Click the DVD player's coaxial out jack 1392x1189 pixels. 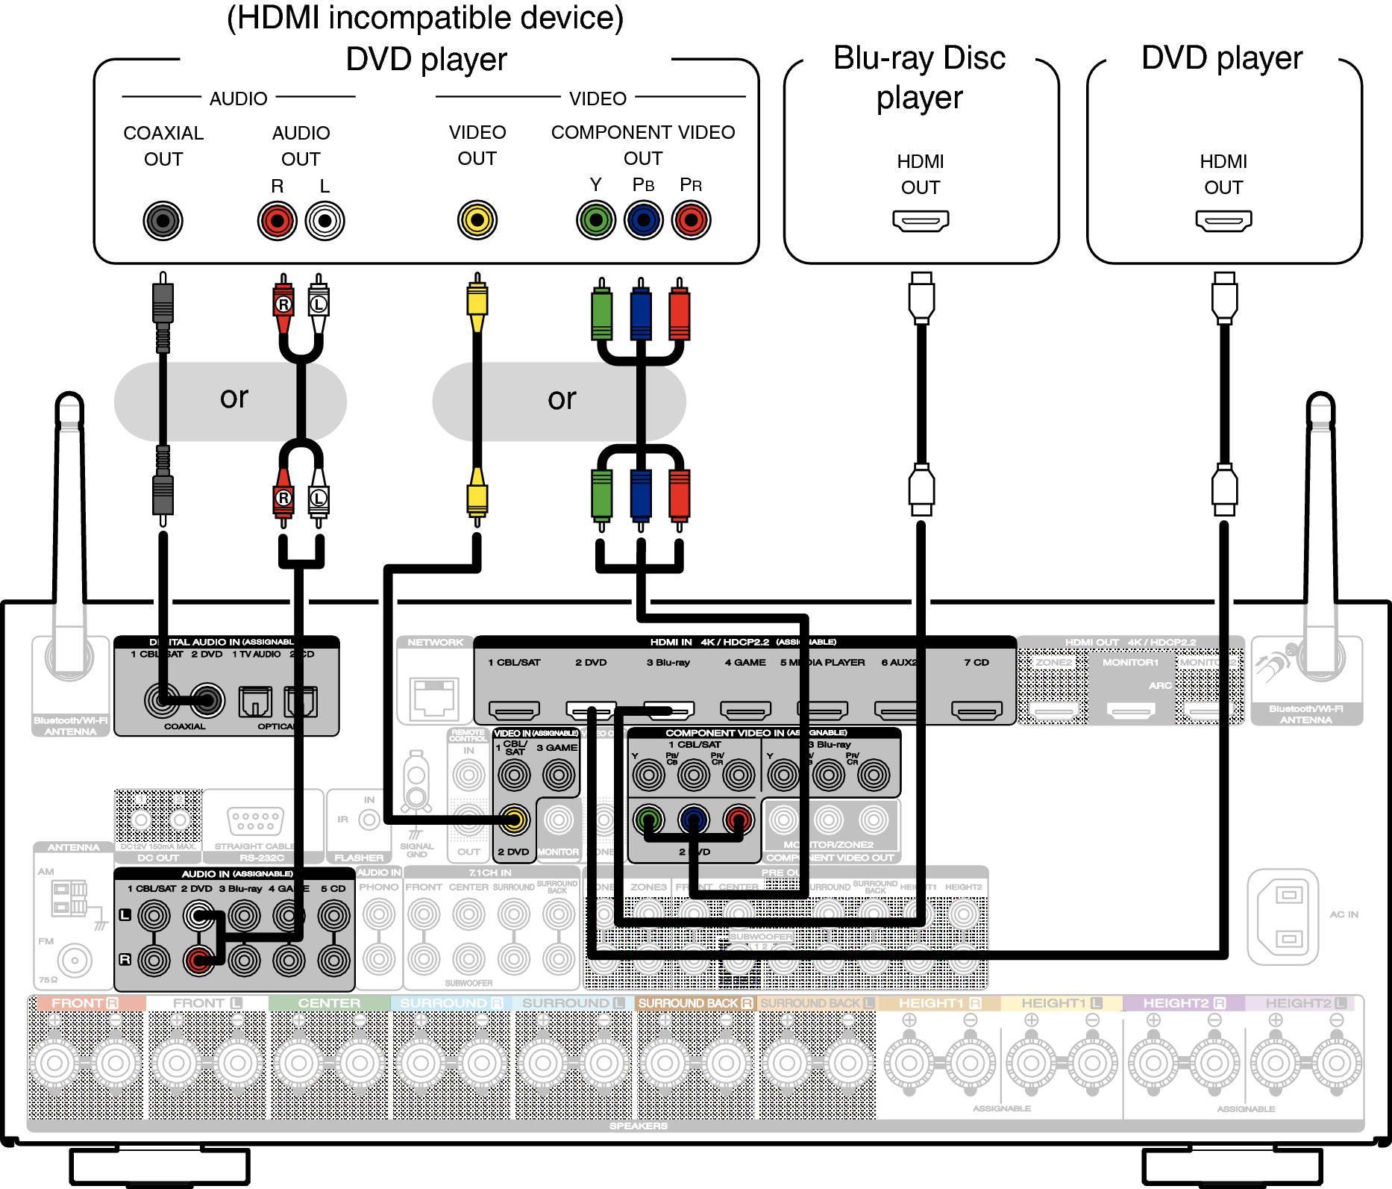[163, 220]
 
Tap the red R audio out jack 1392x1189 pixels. [277, 220]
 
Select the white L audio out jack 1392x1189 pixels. [325, 220]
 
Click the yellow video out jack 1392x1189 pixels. [477, 220]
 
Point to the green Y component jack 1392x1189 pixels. [595, 220]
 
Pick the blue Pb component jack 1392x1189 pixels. [643, 220]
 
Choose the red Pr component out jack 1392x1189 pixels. [691, 220]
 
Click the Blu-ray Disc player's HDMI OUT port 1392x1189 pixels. [921, 221]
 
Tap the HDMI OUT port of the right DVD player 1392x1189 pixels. [1223, 221]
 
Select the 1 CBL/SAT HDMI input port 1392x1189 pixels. [514, 710]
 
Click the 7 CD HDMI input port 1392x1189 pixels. [976, 710]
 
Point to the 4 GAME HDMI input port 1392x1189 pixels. [745, 710]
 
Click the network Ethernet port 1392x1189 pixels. [434, 698]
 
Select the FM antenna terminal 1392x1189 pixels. [74, 960]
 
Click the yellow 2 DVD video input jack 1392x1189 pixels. [514, 820]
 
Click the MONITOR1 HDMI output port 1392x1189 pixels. [1131, 710]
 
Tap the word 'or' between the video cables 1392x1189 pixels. [562, 399]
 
